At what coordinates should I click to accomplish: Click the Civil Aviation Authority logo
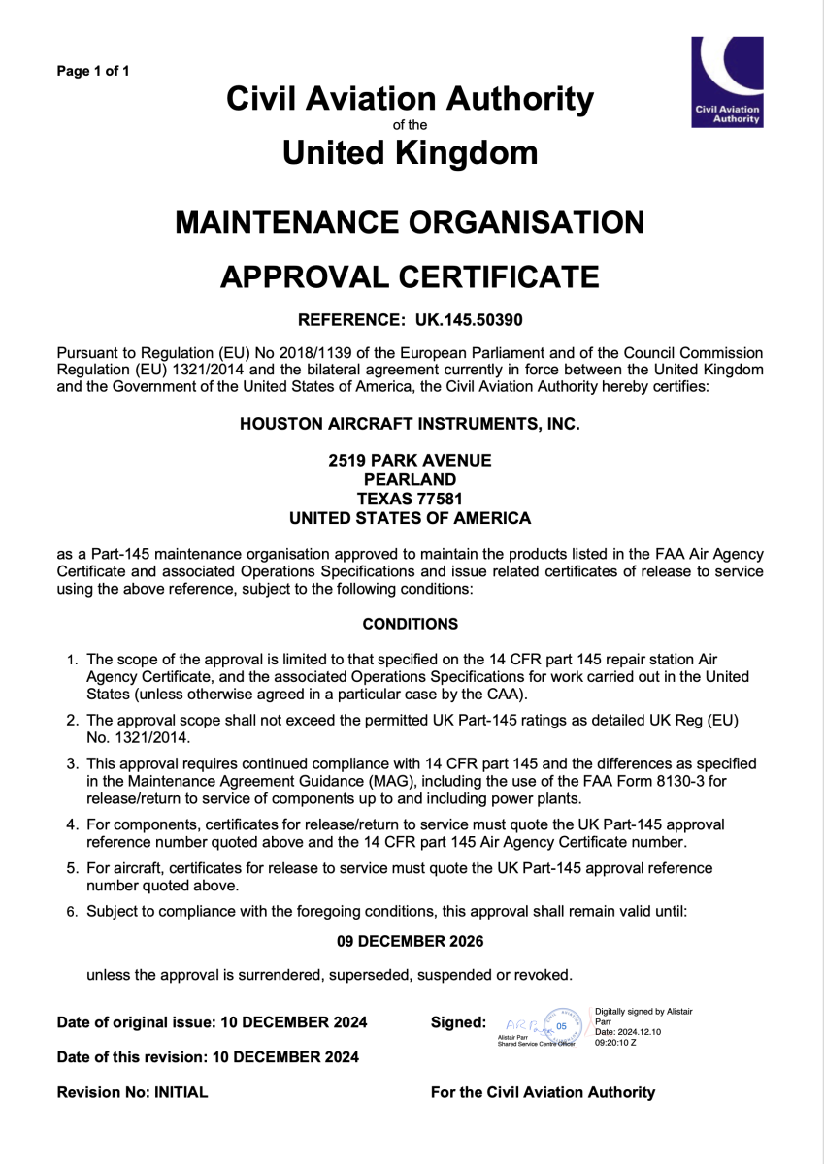coord(726,81)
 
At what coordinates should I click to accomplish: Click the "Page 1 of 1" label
coord(93,71)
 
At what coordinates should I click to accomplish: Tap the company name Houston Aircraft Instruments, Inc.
coord(410,423)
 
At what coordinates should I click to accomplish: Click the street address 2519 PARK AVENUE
coord(410,460)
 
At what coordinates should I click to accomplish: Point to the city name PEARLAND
coord(410,479)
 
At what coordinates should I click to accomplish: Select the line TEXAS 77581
coord(410,499)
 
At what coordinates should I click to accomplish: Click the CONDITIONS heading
coord(410,624)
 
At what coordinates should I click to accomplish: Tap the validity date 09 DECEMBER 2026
coord(410,941)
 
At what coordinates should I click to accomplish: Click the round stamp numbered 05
coord(560,1025)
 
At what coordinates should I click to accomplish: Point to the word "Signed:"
coord(458,1022)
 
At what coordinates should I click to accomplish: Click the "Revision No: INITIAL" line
coord(133,1092)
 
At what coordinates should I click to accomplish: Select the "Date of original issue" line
coord(213,1022)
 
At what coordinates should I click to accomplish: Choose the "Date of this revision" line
coord(208,1057)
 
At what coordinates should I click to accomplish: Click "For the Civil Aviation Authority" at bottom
coord(543,1092)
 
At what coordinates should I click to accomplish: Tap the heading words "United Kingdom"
coord(410,152)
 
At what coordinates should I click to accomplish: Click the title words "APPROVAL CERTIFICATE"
coord(410,276)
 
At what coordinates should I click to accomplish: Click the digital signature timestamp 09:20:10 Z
coord(616,1042)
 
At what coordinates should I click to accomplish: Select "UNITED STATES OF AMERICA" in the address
coord(410,518)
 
